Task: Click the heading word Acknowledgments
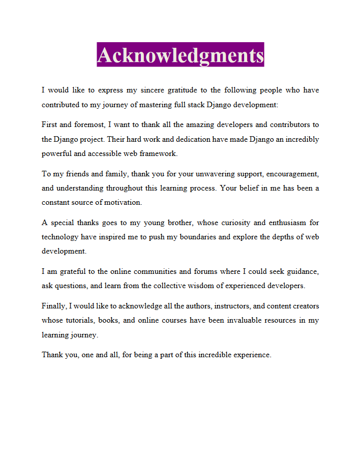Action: click(x=180, y=55)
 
